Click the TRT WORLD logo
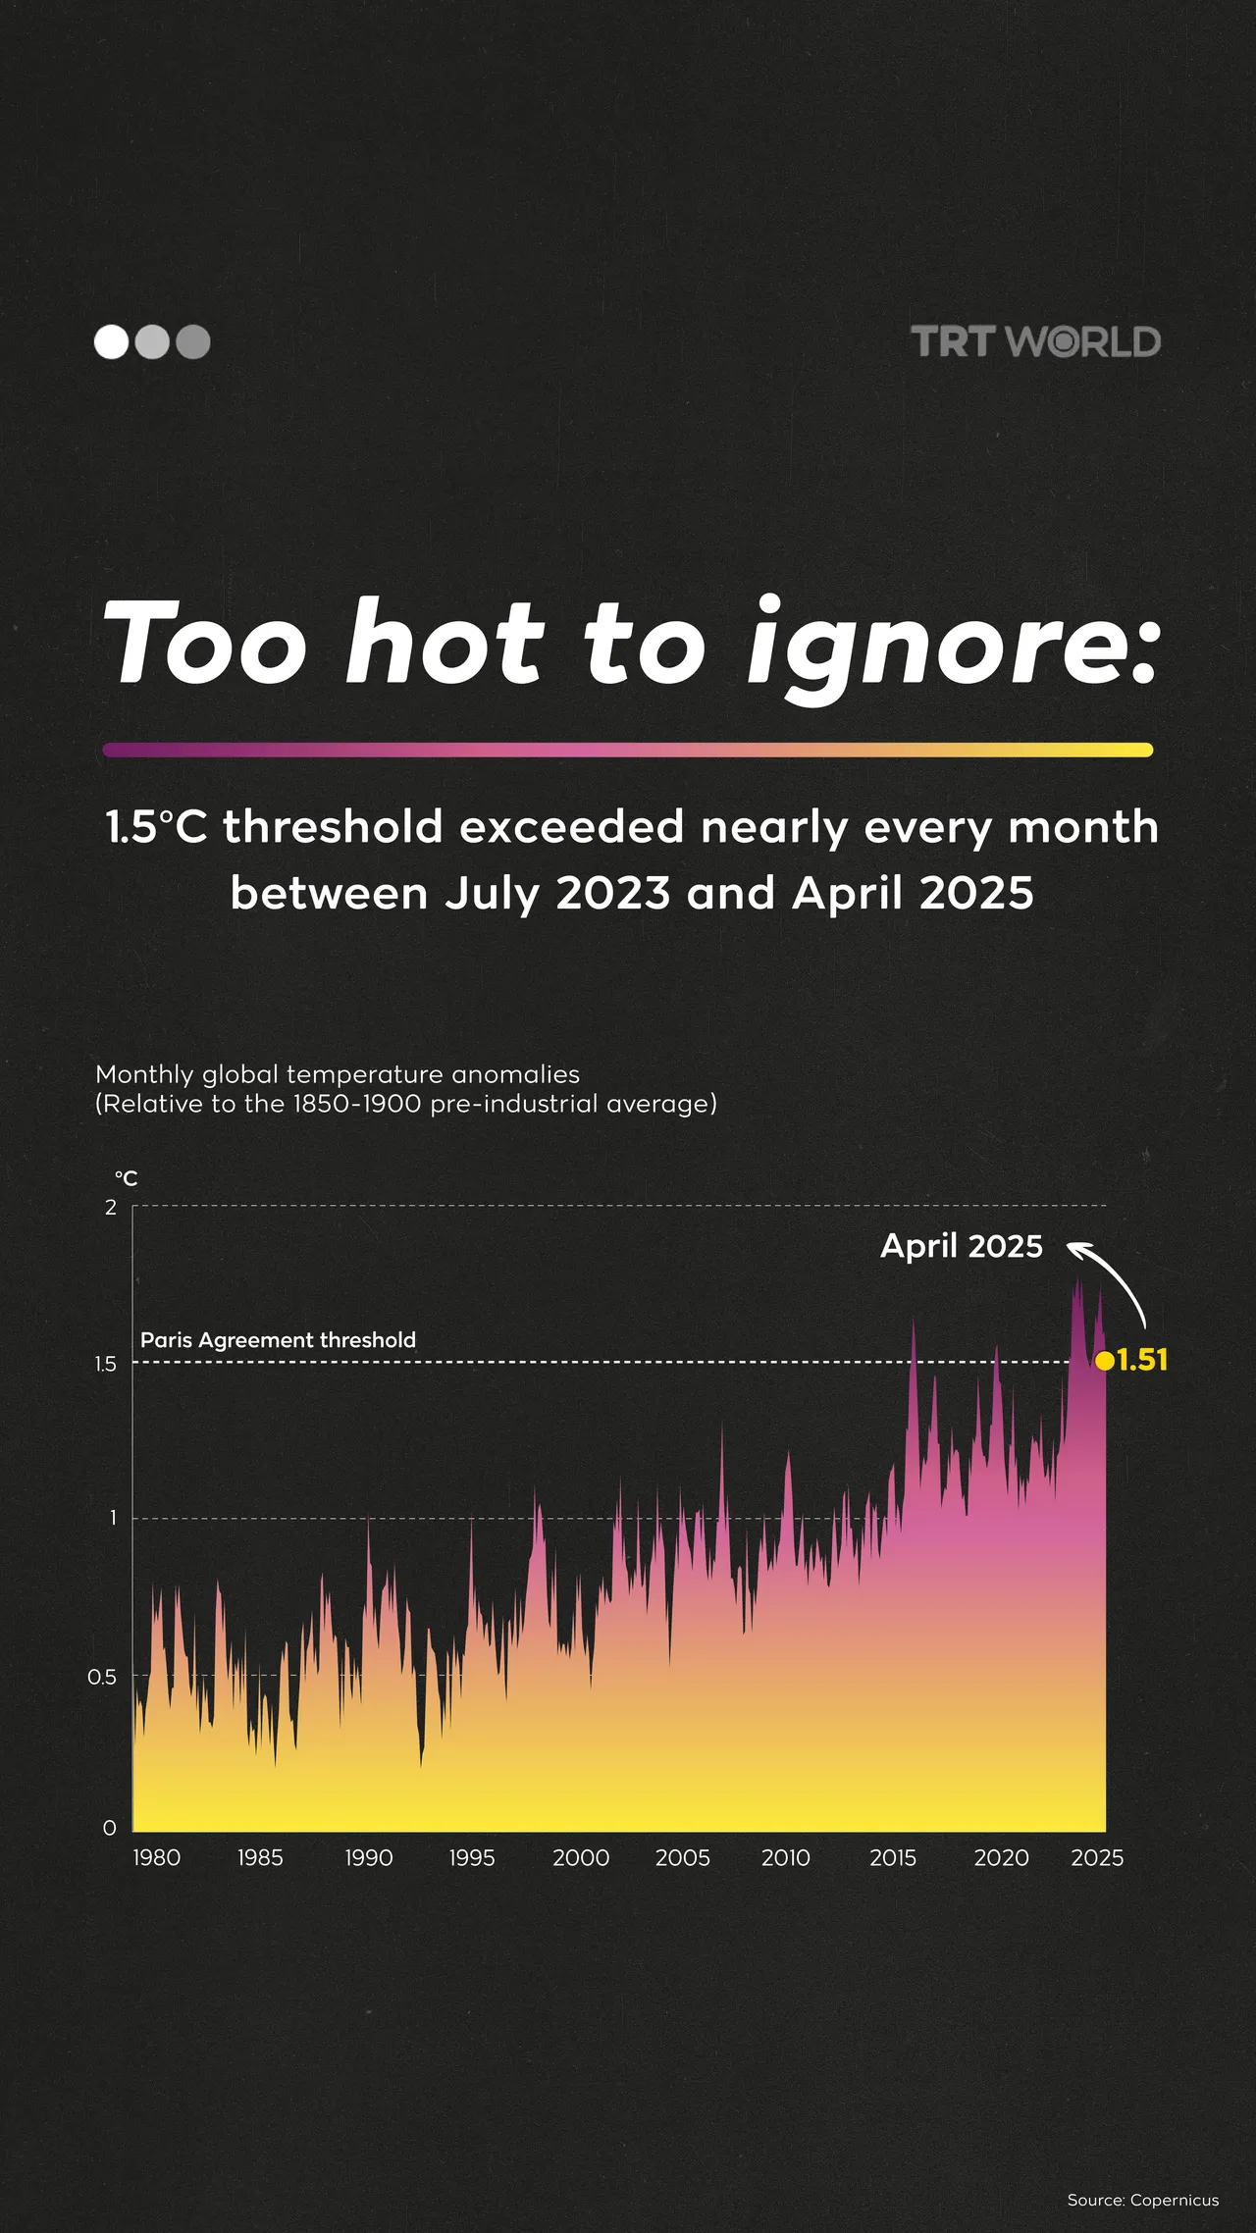pos(1035,341)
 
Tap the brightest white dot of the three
pos(111,341)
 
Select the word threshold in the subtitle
pos(333,826)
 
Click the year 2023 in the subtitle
pos(613,893)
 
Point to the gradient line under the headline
pos(628,750)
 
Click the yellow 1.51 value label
pos(1142,1360)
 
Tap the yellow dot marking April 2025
pos(1105,1361)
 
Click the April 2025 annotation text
pos(962,1246)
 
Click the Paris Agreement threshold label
pos(278,1339)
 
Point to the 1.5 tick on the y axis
pos(105,1364)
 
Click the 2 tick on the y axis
pos(111,1207)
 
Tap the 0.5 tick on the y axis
pos(102,1677)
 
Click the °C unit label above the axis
pos(126,1177)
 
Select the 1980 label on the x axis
pos(157,1857)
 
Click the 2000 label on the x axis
pos(581,1857)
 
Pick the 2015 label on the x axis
pos(893,1857)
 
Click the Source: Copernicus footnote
pos(1142,2200)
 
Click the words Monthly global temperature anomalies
pos(338,1074)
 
